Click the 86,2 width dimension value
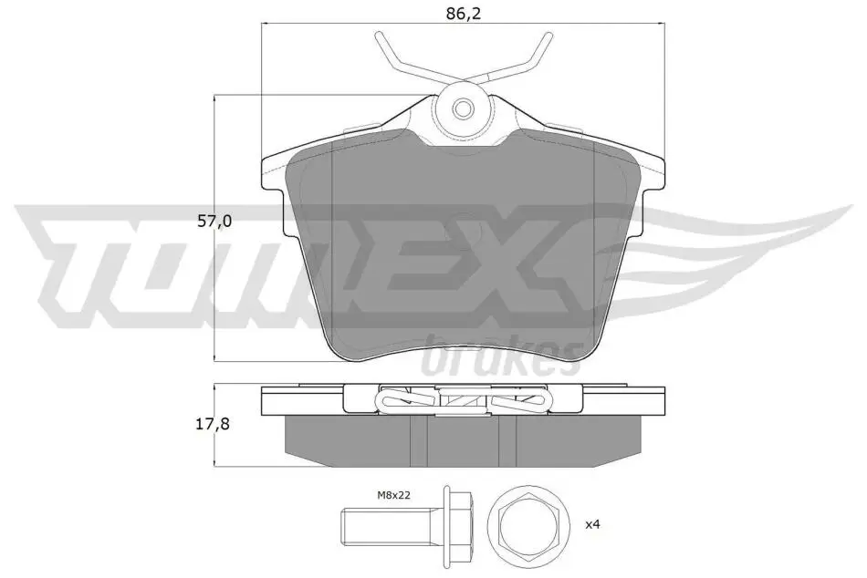coord(464,14)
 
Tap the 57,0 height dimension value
coord(214,222)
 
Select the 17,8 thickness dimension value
coord(214,424)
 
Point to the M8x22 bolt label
coord(393,495)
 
